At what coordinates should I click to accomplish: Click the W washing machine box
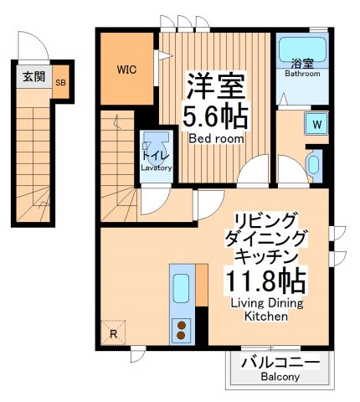[317, 125]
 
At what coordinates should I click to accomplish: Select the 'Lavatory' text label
[156, 167]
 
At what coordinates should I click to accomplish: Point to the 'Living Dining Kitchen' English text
[265, 309]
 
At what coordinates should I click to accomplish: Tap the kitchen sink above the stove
[181, 290]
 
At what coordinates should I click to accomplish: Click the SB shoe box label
[60, 82]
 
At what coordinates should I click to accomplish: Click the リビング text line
[265, 219]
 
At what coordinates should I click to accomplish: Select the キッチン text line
[265, 255]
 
